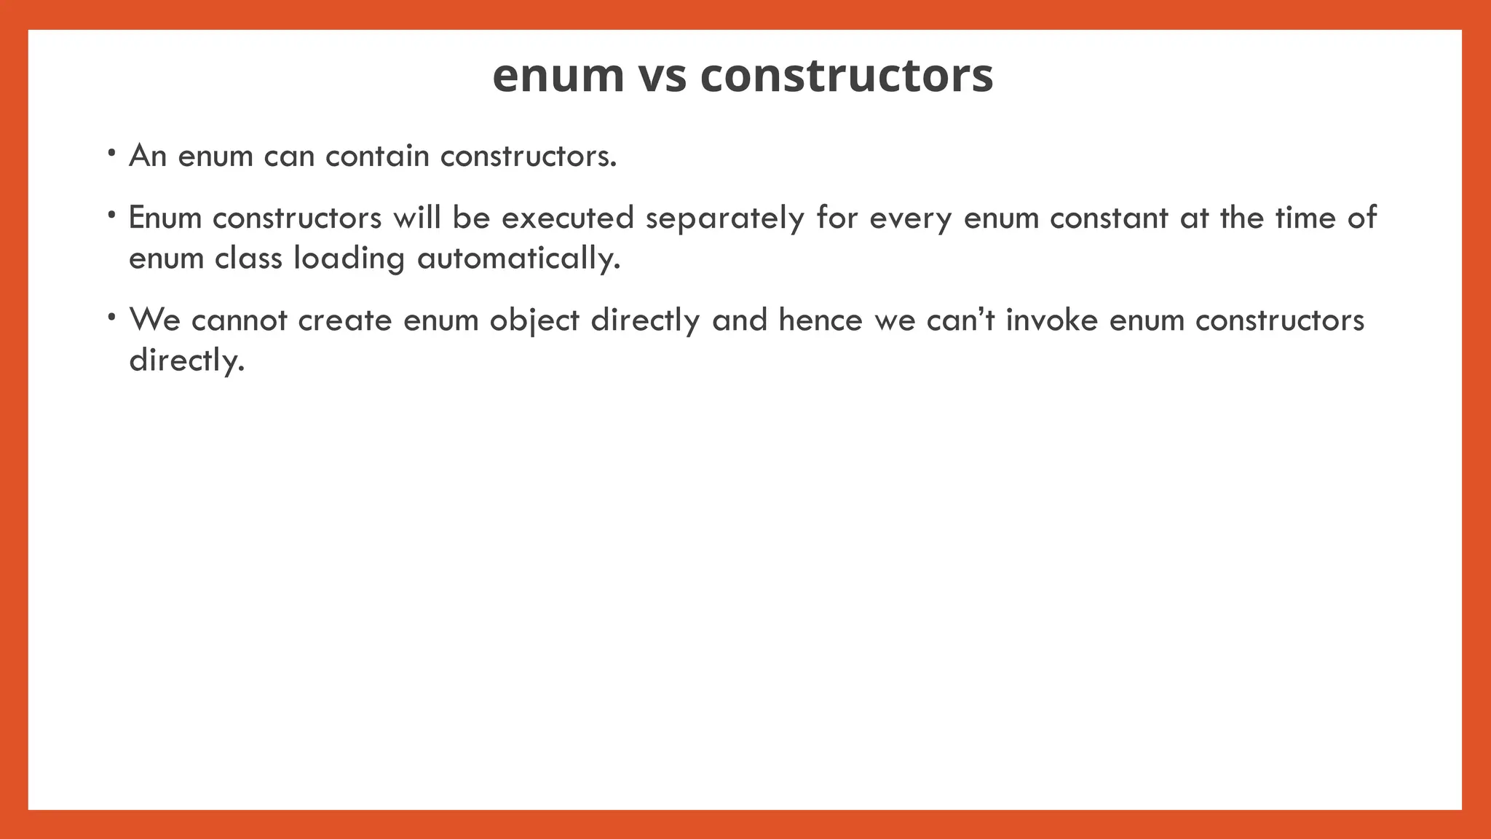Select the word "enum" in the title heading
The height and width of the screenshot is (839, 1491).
coord(558,76)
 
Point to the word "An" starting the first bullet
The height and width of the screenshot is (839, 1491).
coord(148,156)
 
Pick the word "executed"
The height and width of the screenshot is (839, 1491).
coord(568,218)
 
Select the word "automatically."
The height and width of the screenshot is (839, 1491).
coord(518,258)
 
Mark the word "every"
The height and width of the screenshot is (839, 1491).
coord(910,218)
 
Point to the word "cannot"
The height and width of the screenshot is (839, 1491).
coord(240,320)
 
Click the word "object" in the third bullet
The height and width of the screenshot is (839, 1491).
coord(534,320)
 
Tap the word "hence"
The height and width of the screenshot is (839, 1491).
coord(820,320)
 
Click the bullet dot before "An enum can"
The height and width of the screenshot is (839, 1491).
coord(111,154)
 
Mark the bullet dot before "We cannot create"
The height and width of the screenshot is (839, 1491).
coord(111,318)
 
